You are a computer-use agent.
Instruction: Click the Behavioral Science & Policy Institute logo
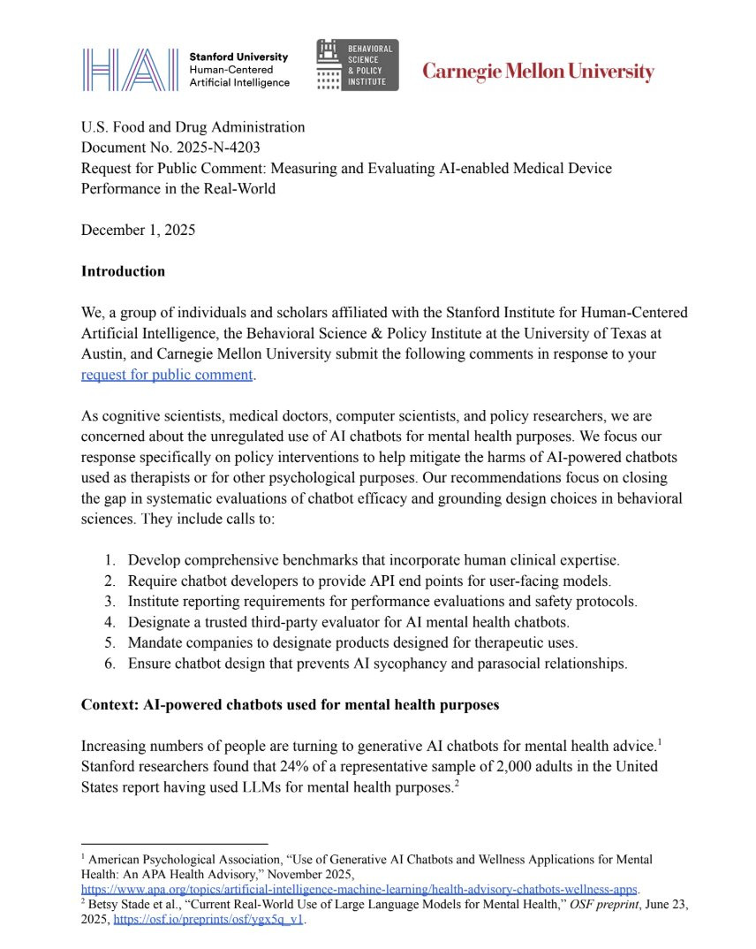click(x=357, y=65)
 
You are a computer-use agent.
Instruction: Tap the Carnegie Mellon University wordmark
click(x=538, y=72)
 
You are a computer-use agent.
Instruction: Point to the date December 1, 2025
click(x=138, y=230)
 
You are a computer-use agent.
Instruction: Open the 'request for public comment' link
click(x=167, y=374)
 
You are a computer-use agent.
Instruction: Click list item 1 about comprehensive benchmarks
click(x=374, y=560)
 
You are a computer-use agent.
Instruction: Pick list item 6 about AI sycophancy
click(x=377, y=664)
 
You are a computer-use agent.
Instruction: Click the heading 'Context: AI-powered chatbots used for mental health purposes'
click(x=290, y=705)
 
